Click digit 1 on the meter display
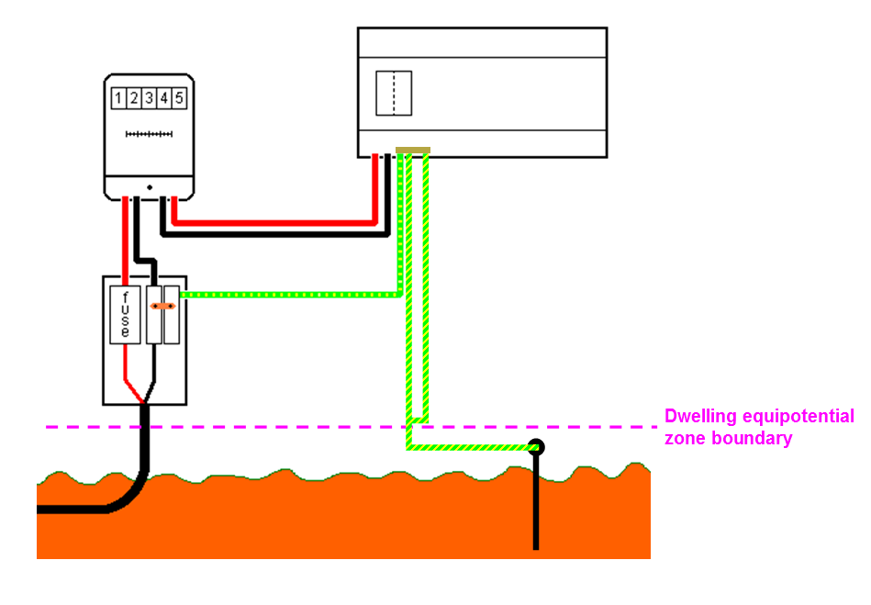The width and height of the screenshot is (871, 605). pos(118,97)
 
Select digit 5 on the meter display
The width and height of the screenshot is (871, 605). pos(178,97)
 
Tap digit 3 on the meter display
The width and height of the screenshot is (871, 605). pos(149,97)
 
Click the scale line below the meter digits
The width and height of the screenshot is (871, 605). pos(149,135)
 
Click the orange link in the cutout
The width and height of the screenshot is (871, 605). pos(162,306)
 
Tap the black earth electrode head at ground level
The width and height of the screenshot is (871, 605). pos(535,447)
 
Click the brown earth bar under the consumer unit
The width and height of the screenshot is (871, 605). pos(412,151)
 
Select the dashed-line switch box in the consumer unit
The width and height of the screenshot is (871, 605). pos(394,93)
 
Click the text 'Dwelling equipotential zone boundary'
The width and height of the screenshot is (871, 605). pos(758,428)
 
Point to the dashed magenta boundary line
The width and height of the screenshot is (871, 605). pos(275,427)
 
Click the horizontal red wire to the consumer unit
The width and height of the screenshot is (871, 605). pos(275,221)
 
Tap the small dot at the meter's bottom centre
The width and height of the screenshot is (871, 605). pos(149,187)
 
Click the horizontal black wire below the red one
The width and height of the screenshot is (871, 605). pos(275,233)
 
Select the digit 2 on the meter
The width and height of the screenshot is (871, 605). pos(133,97)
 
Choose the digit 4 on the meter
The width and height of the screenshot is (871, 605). pos(163,97)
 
